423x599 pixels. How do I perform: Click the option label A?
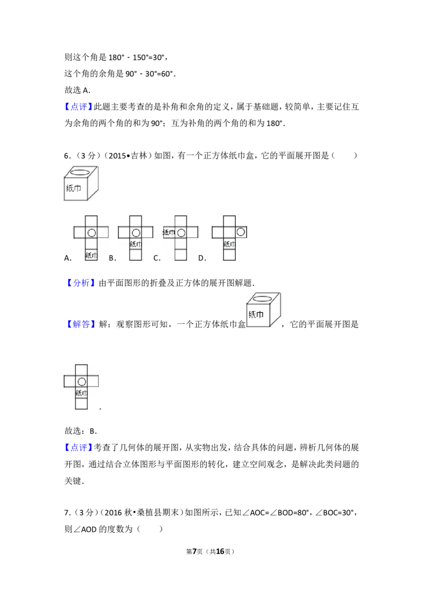[68, 258]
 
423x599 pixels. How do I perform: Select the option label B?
[112, 258]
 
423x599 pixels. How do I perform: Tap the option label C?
[157, 258]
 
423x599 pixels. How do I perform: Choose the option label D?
[202, 258]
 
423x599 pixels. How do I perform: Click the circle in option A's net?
[91, 233]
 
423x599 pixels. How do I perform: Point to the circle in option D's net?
[241, 232]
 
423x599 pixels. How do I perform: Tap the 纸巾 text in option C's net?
[169, 232]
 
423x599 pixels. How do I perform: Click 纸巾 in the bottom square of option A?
[91, 256]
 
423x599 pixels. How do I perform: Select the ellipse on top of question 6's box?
[80, 173]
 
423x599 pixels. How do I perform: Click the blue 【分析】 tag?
[78, 283]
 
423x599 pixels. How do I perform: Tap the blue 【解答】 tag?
[78, 324]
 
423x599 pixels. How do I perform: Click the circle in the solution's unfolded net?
[82, 382]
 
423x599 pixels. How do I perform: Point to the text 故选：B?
[80, 431]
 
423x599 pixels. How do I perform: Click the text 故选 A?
[78, 90]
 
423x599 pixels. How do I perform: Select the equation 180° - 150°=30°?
[136, 58]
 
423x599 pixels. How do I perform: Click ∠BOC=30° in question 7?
[336, 513]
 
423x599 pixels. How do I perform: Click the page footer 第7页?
[195, 551]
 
